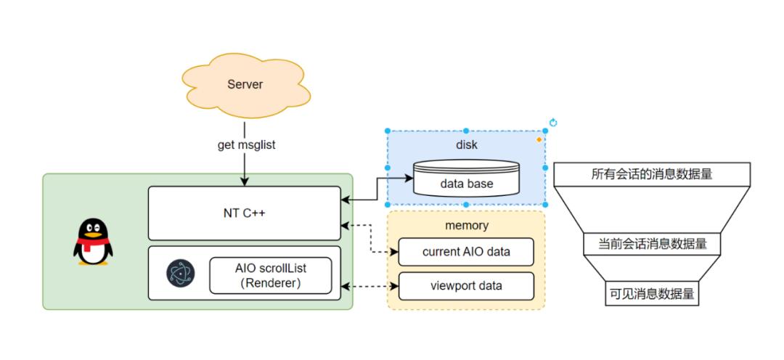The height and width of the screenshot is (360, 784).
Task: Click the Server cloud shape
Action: [x=245, y=85]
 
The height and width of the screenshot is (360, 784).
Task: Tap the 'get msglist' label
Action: [x=246, y=144]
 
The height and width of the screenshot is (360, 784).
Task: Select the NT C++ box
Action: [x=244, y=213]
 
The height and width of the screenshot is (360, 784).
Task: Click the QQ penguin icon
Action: [x=93, y=242]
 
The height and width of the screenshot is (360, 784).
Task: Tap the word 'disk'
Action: [x=467, y=144]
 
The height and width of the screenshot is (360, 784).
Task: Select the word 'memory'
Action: [x=467, y=225]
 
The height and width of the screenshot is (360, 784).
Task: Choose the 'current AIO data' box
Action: [x=467, y=252]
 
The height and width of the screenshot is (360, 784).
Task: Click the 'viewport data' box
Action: [x=467, y=286]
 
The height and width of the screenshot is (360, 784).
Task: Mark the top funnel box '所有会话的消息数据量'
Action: [x=651, y=174]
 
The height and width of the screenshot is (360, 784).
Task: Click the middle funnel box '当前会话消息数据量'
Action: [x=651, y=244]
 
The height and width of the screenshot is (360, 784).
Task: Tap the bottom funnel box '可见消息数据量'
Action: [x=651, y=294]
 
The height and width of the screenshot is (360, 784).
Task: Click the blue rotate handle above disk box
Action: [x=553, y=123]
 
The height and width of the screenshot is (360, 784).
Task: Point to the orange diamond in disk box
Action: [x=538, y=139]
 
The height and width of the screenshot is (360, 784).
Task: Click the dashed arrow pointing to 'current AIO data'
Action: [x=372, y=240]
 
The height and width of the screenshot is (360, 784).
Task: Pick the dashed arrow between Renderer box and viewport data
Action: [x=369, y=286]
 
